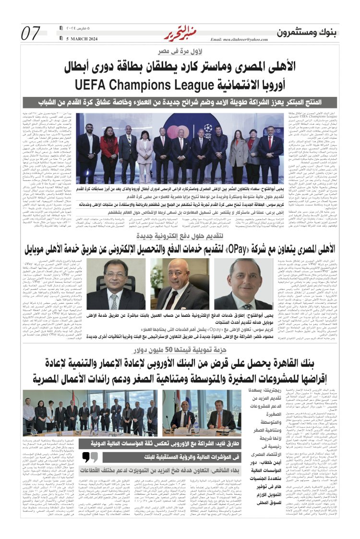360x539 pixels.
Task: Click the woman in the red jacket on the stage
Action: (x=239, y=151)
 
